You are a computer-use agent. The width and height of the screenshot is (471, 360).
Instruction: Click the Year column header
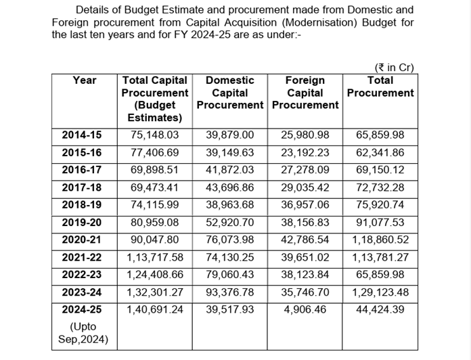[x=84, y=81]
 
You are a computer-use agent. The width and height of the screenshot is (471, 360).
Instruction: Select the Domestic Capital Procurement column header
[x=229, y=93]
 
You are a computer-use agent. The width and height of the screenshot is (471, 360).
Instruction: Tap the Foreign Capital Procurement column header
[x=305, y=93]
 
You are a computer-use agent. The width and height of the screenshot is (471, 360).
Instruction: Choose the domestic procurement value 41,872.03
[x=229, y=169]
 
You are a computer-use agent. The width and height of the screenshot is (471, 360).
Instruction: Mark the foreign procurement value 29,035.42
[x=305, y=187]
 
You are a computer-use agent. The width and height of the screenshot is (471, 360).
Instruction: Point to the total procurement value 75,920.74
[x=380, y=204]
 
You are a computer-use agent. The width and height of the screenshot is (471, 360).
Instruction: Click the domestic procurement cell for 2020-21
[x=229, y=239]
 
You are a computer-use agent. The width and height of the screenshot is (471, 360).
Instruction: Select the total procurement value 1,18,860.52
[x=380, y=239]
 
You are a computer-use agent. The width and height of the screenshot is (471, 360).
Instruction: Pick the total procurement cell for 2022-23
[x=380, y=274]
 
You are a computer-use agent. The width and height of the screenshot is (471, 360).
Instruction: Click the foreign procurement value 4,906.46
[x=305, y=309]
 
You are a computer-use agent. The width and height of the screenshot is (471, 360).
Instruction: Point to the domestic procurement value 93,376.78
[x=229, y=292]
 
